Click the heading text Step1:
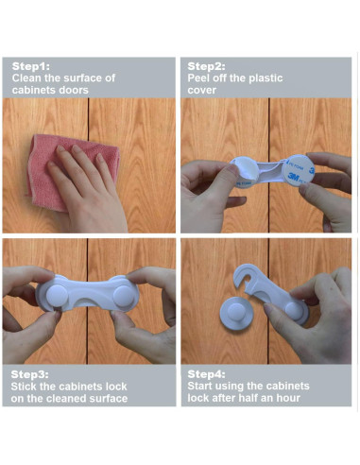tap(32, 66)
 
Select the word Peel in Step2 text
tap(202, 77)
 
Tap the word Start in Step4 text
tap(204, 386)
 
